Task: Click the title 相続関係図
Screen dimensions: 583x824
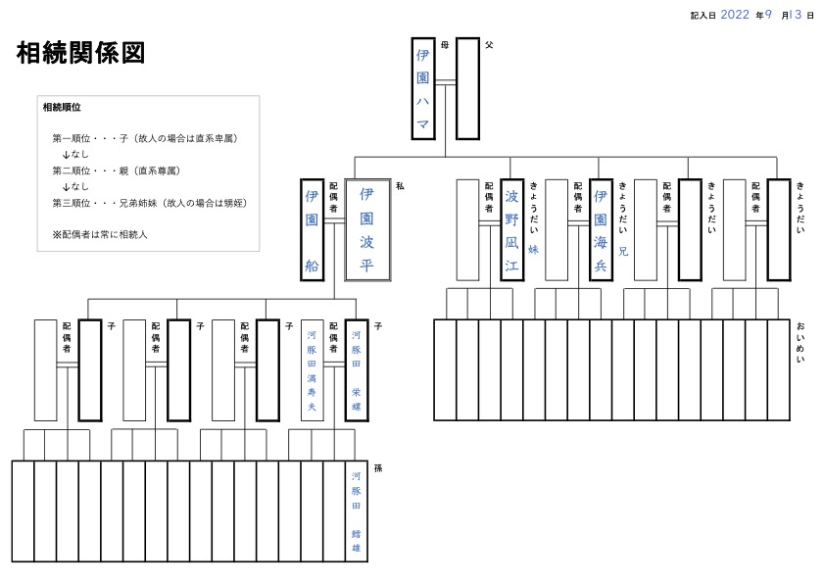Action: tap(81, 54)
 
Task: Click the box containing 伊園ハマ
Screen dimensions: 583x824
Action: tap(423, 88)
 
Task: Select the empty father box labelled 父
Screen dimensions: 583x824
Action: tap(467, 88)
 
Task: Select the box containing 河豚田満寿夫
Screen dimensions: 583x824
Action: tap(312, 370)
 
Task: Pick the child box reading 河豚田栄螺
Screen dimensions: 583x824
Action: tap(356, 370)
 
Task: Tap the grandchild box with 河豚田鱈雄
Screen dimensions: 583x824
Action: tap(356, 510)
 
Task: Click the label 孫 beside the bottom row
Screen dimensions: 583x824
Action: tap(378, 468)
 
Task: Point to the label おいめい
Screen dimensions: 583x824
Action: tap(800, 344)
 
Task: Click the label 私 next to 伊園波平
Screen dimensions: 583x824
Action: tap(400, 185)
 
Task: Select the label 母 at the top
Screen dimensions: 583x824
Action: tap(445, 45)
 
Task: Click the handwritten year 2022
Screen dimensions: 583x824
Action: tap(735, 15)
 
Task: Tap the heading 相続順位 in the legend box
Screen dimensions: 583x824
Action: tap(62, 107)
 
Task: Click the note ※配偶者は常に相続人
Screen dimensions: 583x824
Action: tap(99, 235)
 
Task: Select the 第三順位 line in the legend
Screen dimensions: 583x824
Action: tap(149, 203)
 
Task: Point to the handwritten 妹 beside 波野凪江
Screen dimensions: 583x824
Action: tap(534, 250)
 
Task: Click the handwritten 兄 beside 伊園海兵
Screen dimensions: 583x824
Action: tap(623, 251)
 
